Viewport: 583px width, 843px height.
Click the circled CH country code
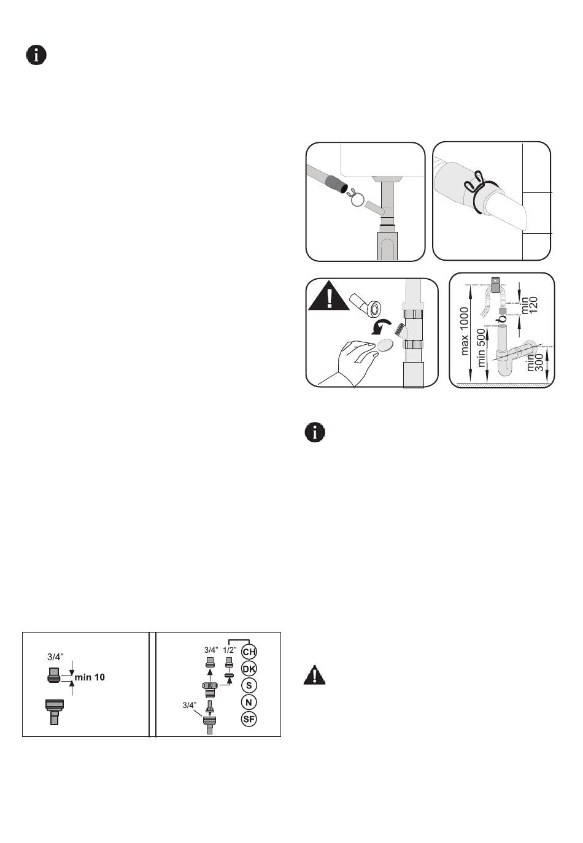pyautogui.click(x=249, y=652)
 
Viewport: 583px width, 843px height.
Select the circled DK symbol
pyautogui.click(x=249, y=669)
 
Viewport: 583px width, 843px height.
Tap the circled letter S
pyautogui.click(x=249, y=685)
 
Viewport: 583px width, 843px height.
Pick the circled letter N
pyautogui.click(x=249, y=702)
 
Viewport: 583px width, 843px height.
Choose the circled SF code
pyautogui.click(x=249, y=719)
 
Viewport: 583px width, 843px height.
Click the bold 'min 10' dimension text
pyautogui.click(x=90, y=677)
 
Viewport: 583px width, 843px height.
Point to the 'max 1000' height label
pyautogui.click(x=465, y=331)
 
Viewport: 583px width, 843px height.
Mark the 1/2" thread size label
pyautogui.click(x=230, y=650)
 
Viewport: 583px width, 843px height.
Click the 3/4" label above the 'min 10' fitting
pyautogui.click(x=55, y=657)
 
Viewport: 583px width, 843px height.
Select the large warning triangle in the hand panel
pyautogui.click(x=329, y=297)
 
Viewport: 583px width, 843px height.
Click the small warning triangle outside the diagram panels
pyautogui.click(x=314, y=675)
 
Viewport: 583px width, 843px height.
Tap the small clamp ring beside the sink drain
pyautogui.click(x=356, y=199)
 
